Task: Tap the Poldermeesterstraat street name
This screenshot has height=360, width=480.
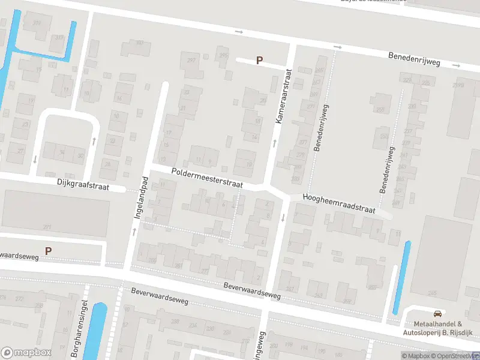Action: [206, 178]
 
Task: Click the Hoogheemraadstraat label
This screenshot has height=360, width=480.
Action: [338, 204]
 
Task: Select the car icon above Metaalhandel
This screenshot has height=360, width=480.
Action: [438, 313]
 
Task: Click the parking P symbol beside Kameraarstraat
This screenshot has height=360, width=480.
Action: [260, 60]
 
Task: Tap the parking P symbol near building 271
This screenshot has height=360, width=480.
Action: [48, 251]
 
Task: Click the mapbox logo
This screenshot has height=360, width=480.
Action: [26, 352]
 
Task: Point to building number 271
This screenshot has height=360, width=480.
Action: [47, 227]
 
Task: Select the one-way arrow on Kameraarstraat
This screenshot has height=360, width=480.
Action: [275, 143]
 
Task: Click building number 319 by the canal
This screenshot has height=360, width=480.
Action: [37, 23]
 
